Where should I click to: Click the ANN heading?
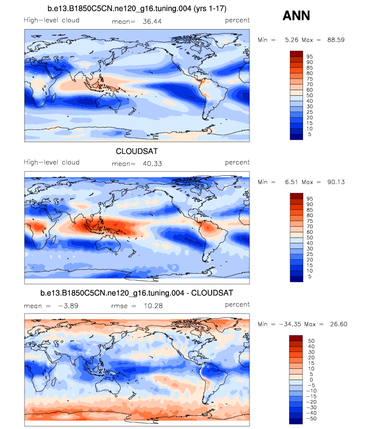point(296,16)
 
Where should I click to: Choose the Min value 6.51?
point(288,182)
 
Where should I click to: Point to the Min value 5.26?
point(288,40)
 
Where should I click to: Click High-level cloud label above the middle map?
point(52,163)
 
